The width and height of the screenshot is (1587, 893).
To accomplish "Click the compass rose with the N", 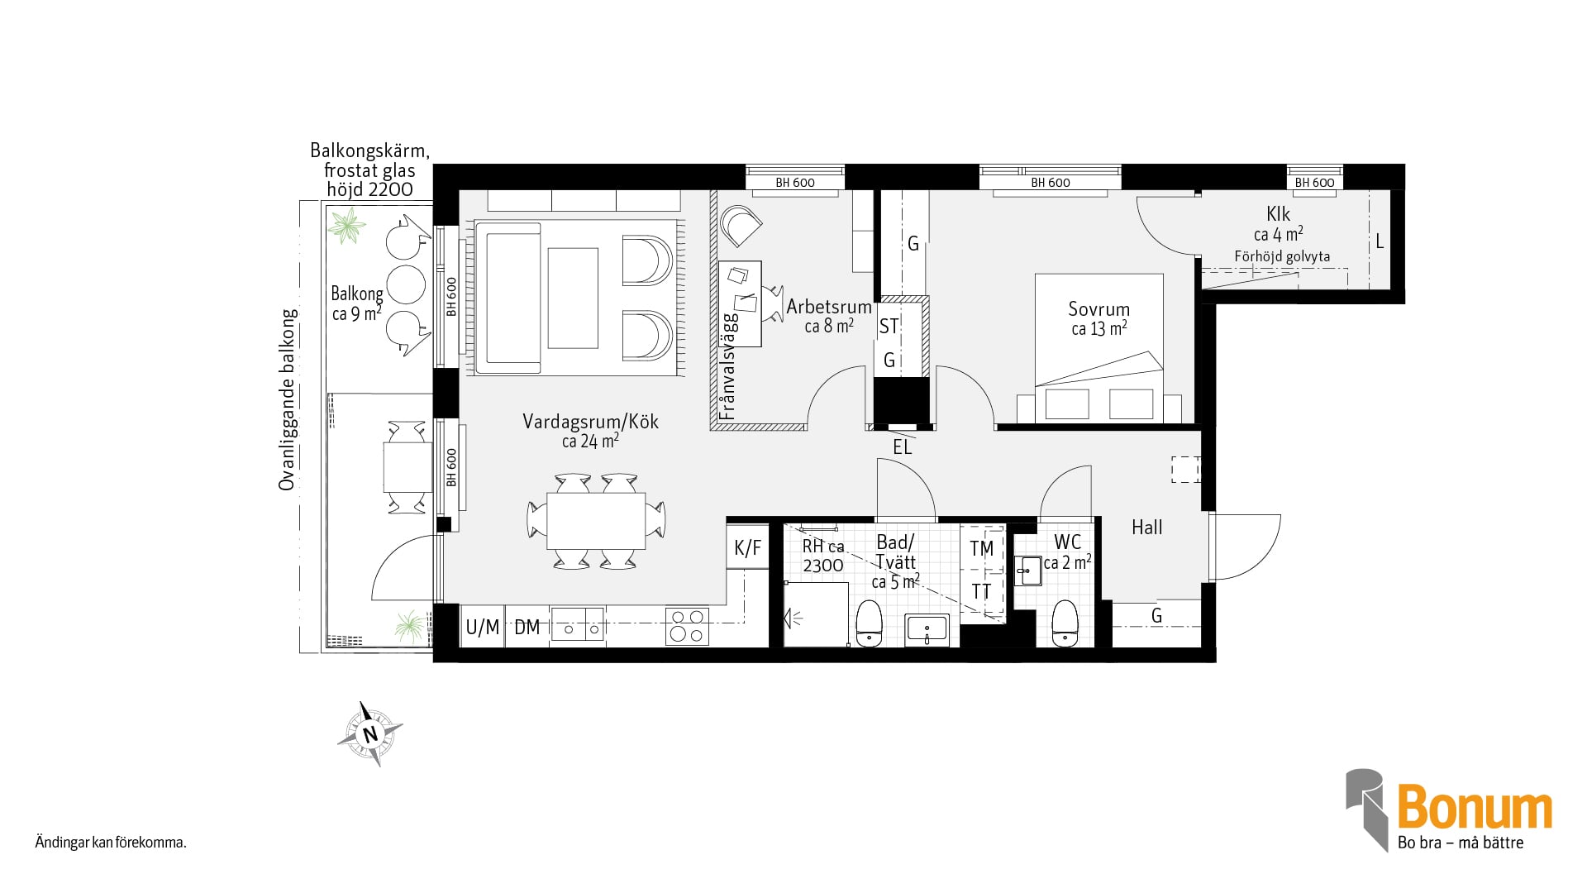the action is coord(369,733).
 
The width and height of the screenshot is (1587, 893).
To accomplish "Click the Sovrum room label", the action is coord(1099,309).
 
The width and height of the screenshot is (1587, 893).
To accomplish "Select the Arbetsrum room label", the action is coord(829,307).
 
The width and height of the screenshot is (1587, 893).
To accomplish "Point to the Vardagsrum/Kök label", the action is coord(590,422).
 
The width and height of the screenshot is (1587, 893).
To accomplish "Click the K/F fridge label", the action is coord(747,548).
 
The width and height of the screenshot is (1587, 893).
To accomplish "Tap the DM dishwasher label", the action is coord(527,628).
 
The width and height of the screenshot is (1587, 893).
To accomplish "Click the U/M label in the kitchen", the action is coord(483,628).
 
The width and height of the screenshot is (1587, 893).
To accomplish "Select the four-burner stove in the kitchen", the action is coord(687,626).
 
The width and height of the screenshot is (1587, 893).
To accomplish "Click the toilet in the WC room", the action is coord(1065,623).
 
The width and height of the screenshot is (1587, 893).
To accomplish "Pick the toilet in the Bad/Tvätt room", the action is coord(869,623).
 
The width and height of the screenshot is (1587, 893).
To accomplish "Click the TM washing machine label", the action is coord(981,549).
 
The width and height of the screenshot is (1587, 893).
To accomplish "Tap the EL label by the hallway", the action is coord(903,447).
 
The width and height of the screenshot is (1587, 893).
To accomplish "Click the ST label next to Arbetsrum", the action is coord(889,327).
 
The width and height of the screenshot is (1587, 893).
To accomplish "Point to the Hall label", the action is coord(1147,528).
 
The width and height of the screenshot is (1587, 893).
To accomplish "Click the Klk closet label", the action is coord(1278,214).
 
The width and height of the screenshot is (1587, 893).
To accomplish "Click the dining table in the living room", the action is coord(596,521).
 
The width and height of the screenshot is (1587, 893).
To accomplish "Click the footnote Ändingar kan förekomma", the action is coord(111,843).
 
